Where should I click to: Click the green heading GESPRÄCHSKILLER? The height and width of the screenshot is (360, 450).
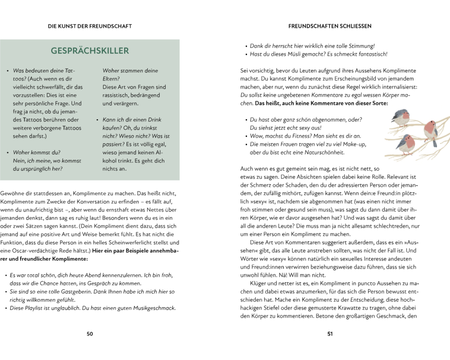(x=90, y=51)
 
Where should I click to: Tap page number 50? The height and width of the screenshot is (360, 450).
(x=90, y=333)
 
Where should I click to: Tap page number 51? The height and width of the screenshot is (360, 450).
(x=329, y=333)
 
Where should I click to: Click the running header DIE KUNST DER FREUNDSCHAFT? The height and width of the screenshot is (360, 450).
(x=90, y=26)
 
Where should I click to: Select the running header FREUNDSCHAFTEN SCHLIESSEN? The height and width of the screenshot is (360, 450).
(x=330, y=26)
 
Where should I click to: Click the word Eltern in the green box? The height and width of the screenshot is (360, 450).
(x=112, y=79)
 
